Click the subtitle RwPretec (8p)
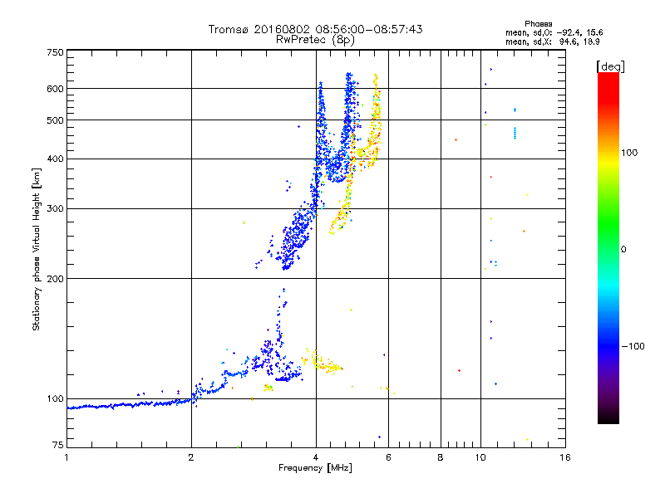tap(316, 39)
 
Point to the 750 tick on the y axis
tap(55, 52)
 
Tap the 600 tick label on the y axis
tap(55, 88)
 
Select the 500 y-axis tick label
tap(55, 120)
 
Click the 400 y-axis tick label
tap(55, 159)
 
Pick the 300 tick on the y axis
tap(55, 208)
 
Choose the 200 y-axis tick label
tap(55, 278)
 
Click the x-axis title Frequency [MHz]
tap(315, 468)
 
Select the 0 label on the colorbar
tap(623, 249)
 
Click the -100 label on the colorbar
tap(633, 346)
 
